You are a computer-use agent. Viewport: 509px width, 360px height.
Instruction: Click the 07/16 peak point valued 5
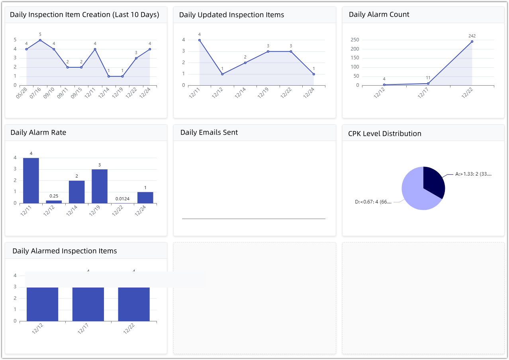click(x=40, y=40)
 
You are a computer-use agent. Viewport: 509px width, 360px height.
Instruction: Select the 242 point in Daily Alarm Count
click(x=472, y=41)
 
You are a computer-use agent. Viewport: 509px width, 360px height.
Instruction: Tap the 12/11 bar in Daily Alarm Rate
click(x=31, y=180)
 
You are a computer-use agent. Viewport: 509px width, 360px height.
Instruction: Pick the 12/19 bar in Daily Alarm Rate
click(x=100, y=186)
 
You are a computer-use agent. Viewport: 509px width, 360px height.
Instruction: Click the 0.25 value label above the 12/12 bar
click(x=54, y=196)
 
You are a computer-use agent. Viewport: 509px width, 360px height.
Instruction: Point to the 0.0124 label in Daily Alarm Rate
click(x=122, y=198)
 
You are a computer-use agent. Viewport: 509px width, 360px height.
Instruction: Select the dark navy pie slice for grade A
click(x=433, y=182)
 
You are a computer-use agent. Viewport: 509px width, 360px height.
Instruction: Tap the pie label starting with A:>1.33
click(x=473, y=174)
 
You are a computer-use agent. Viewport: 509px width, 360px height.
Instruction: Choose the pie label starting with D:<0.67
click(x=373, y=202)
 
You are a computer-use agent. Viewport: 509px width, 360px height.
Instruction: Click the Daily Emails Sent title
click(x=209, y=133)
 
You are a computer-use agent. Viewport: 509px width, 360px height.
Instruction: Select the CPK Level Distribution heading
click(x=385, y=133)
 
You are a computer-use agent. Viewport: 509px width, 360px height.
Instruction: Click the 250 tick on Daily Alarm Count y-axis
click(x=355, y=40)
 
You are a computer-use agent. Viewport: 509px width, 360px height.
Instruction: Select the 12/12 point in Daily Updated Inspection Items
click(x=222, y=74)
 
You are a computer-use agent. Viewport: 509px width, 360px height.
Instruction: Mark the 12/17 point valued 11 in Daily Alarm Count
click(x=428, y=84)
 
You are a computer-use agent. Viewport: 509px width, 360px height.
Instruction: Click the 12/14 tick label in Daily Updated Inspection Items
click(x=241, y=93)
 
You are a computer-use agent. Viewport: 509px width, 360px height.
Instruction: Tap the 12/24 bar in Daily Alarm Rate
click(x=145, y=198)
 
